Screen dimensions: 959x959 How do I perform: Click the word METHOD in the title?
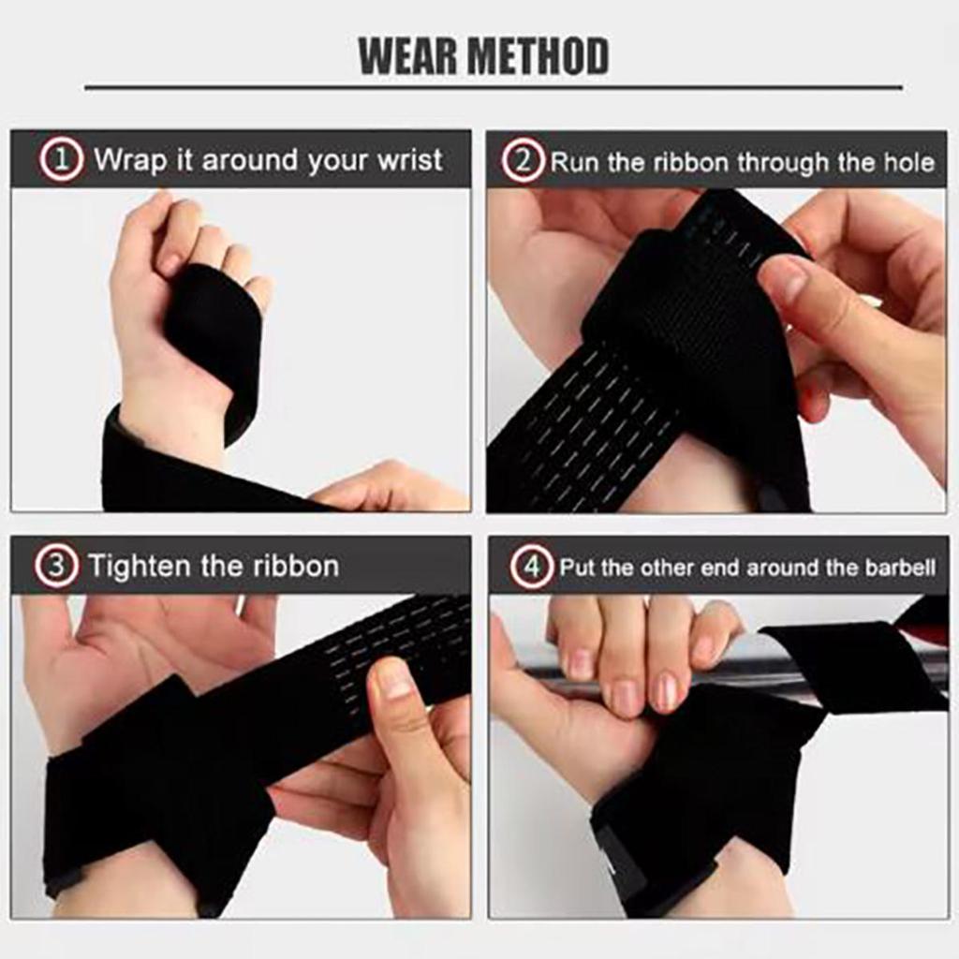pyautogui.click(x=539, y=56)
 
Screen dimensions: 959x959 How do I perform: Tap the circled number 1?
pyautogui.click(x=61, y=160)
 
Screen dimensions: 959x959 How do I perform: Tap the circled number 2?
pyautogui.click(x=523, y=162)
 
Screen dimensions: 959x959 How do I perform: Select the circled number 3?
pyautogui.click(x=56, y=567)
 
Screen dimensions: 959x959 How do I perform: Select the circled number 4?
pyautogui.click(x=531, y=568)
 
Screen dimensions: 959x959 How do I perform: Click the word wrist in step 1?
pyautogui.click(x=409, y=160)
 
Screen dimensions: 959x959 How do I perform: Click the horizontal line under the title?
pyautogui.click(x=494, y=88)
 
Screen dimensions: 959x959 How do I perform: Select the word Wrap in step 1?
pyautogui.click(x=130, y=160)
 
